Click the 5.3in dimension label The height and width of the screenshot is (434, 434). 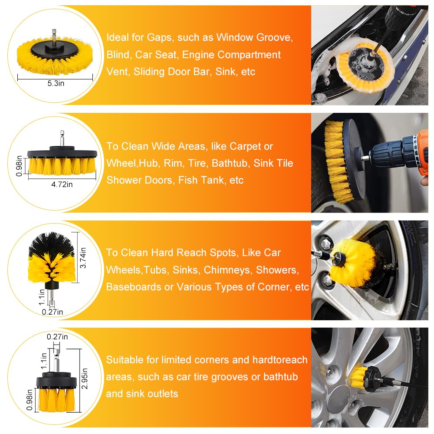(x=56, y=83)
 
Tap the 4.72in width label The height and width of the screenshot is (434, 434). (x=62, y=184)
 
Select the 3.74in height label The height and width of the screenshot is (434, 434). (x=83, y=258)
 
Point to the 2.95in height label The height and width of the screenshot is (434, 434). (x=85, y=378)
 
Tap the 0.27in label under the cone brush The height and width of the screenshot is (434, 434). (x=53, y=312)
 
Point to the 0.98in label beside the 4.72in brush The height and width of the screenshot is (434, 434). (x=19, y=166)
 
